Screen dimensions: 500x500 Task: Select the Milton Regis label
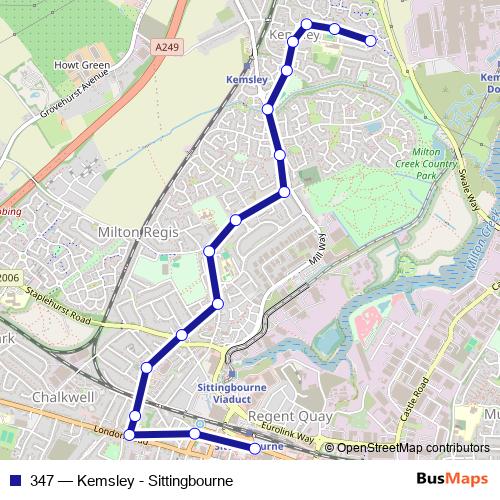pos(138,231)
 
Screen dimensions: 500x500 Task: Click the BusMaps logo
pos(452,480)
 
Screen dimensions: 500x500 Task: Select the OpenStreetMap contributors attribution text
pos(412,448)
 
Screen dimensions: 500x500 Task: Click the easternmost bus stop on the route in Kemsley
pos(371,41)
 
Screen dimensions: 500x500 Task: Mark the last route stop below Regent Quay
pos(255,449)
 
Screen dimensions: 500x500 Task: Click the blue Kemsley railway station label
pos(247,79)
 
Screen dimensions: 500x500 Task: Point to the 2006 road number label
pos(9,278)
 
